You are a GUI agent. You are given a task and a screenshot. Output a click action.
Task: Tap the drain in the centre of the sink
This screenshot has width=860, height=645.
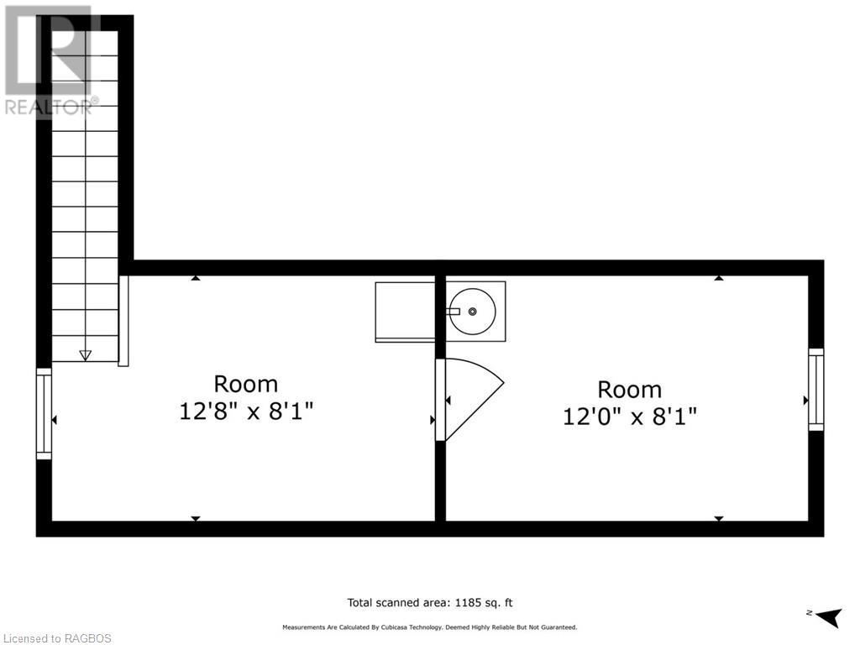472,312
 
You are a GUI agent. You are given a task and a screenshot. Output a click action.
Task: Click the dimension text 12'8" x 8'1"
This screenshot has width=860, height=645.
246,411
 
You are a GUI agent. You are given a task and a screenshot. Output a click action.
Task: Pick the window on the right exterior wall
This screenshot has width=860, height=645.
816,390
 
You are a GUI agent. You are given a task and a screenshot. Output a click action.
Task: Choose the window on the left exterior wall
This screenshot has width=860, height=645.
44,413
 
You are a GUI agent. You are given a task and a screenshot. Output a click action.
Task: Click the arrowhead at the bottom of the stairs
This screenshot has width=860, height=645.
85,355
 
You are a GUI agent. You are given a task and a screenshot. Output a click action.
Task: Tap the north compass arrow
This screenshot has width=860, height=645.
829,617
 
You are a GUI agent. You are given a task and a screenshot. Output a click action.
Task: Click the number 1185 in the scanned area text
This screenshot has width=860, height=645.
468,603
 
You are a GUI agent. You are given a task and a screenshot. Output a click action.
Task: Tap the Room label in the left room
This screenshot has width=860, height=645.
246,384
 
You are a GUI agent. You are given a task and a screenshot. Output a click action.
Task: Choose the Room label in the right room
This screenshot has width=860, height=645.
630,390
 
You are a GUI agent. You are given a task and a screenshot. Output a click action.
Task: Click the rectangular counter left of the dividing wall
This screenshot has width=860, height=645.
406,312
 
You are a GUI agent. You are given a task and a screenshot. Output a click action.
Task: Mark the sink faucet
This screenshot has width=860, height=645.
454,311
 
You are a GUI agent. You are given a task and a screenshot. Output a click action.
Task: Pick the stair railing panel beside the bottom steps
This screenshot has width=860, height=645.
124,321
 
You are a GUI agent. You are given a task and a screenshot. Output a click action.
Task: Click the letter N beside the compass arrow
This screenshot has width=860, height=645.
809,612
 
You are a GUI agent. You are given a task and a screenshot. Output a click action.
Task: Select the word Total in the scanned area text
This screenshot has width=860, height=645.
359,603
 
